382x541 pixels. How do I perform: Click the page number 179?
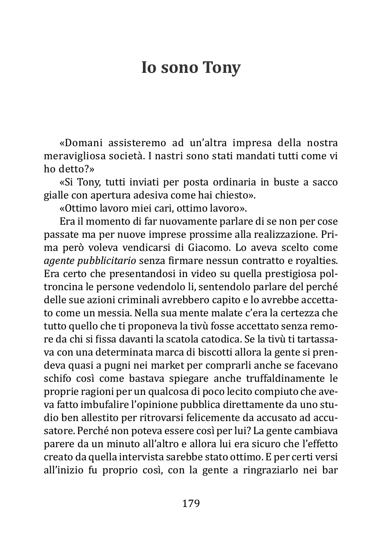(191, 503)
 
